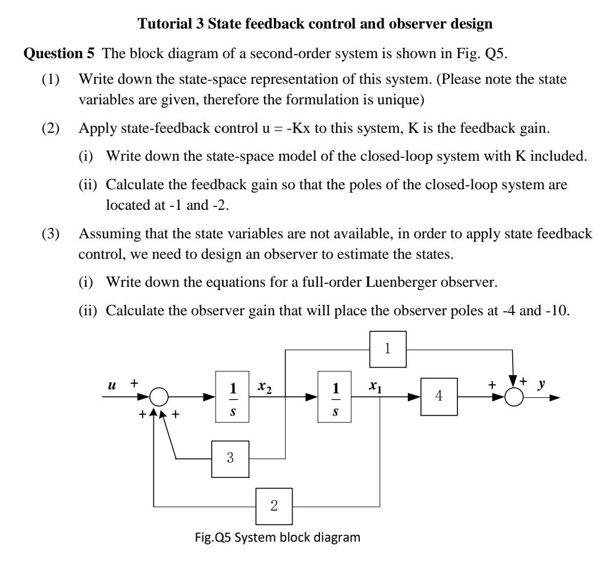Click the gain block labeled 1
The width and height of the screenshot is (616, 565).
387,349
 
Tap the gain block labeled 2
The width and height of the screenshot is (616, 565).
273,505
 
